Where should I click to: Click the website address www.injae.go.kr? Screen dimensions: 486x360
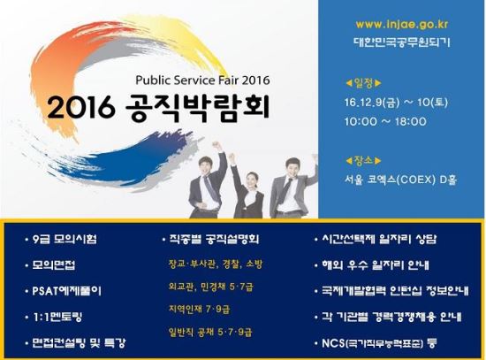[402, 25]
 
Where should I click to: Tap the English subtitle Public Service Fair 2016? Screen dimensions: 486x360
[202, 80]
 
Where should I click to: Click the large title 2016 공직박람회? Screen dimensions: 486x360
[158, 107]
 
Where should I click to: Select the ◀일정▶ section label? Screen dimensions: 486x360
[363, 83]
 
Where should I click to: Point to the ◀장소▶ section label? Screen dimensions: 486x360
[363, 160]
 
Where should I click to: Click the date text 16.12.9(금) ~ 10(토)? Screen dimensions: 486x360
[396, 102]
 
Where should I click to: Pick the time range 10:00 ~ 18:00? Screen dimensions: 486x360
[385, 121]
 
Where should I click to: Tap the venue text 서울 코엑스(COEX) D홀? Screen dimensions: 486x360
[401, 180]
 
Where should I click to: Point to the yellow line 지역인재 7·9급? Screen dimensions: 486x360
[200, 309]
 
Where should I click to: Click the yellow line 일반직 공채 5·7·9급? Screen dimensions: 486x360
[210, 332]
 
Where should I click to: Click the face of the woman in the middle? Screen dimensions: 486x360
[253, 180]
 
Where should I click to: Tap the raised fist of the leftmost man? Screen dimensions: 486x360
[217, 145]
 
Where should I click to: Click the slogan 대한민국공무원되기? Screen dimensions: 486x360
[402, 42]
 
